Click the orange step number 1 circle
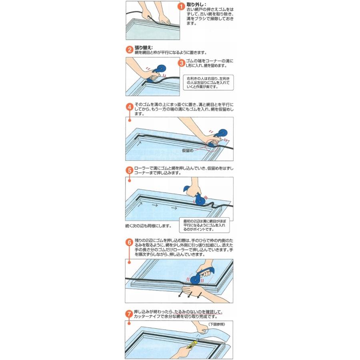point(181,6)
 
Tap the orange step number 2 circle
point(130,50)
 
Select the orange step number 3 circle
point(182,63)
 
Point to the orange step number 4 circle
point(130,107)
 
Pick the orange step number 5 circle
point(130,170)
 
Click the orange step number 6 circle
point(130,242)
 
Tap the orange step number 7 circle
point(130,314)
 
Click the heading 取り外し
point(196,4)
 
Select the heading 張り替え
point(143,48)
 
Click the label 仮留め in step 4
point(188,151)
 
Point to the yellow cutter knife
point(192,344)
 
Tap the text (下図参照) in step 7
point(216,324)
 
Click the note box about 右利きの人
point(208,82)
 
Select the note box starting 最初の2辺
point(204,225)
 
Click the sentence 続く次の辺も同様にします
point(148,226)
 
